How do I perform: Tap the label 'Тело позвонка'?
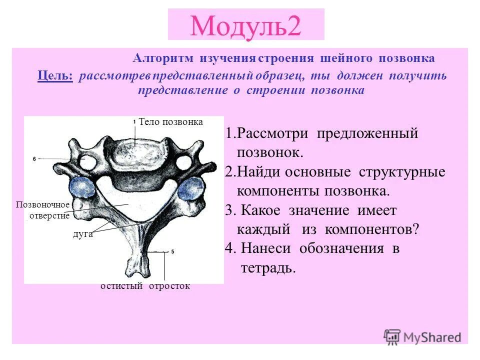170,121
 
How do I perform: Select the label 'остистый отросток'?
145,286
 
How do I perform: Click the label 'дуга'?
83,234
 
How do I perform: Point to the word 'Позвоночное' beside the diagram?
42,205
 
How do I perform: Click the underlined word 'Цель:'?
55,76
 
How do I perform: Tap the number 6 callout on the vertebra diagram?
34,158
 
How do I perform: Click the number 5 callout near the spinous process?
172,252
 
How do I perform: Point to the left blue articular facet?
82,189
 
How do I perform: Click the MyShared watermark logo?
422,336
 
